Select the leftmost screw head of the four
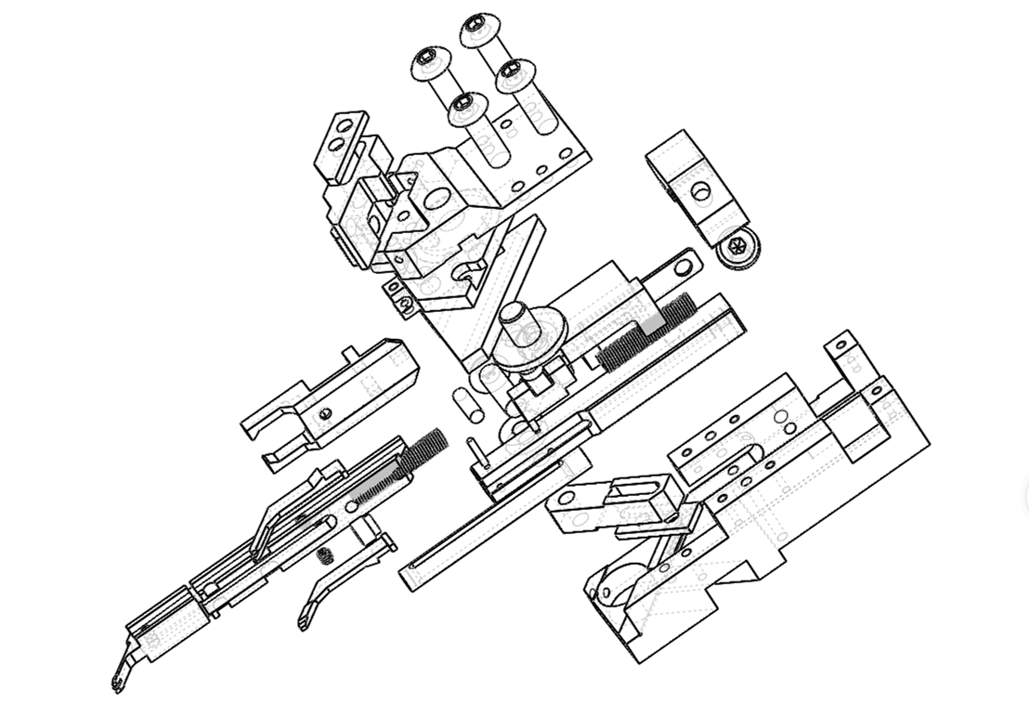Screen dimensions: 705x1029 (x=430, y=66)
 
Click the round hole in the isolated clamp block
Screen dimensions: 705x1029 (x=701, y=192)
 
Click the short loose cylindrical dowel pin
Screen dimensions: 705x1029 (x=464, y=401)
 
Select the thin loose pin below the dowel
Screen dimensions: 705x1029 (x=474, y=450)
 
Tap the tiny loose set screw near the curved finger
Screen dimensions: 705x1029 (x=325, y=555)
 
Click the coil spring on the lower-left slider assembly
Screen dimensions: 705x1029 (x=423, y=451)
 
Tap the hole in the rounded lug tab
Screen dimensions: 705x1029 (x=684, y=268)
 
